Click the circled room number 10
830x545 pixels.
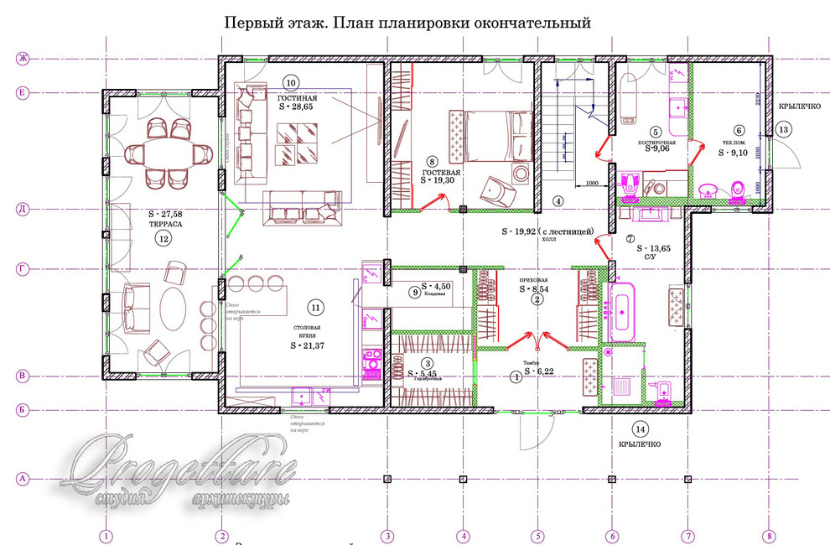pyautogui.click(x=290, y=83)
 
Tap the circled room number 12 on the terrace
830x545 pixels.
pyautogui.click(x=163, y=238)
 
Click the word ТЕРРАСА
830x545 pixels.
pyautogui.click(x=163, y=225)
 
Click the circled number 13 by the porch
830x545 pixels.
pyautogui.click(x=781, y=129)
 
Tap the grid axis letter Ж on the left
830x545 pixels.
pyautogui.click(x=23, y=59)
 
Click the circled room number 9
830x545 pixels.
pyautogui.click(x=414, y=292)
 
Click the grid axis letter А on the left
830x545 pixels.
pyautogui.click(x=23, y=479)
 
